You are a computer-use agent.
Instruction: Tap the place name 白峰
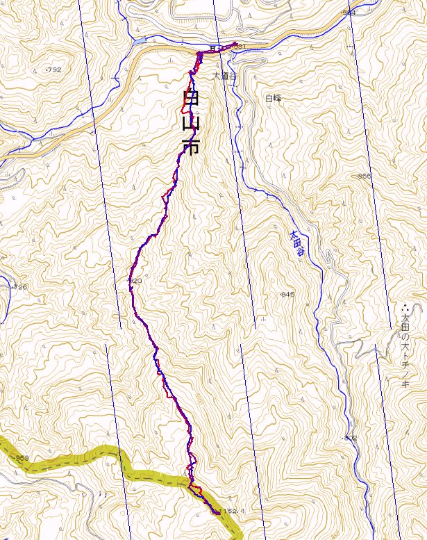tap(274, 99)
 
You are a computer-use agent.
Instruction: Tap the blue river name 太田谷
tap(296, 244)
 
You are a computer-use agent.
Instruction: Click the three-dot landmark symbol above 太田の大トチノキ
tap(405, 305)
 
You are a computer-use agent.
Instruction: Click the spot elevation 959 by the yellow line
tap(21, 458)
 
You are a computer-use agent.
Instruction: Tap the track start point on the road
tap(236, 46)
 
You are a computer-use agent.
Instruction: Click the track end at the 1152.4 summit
tap(215, 513)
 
